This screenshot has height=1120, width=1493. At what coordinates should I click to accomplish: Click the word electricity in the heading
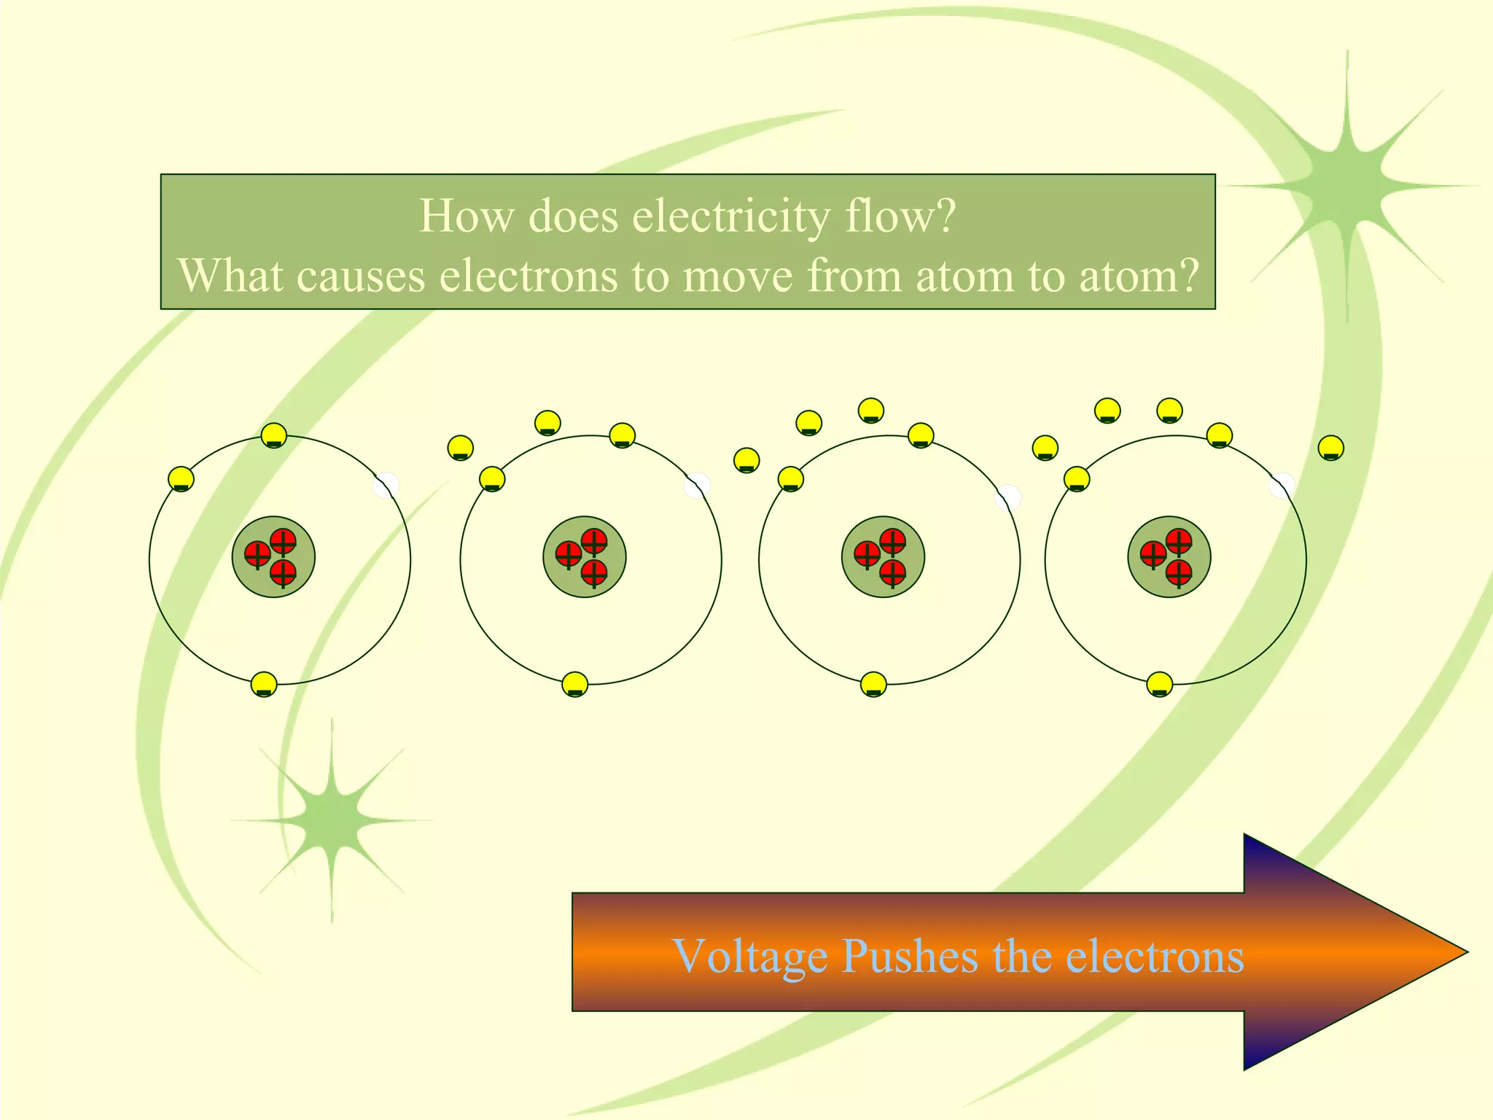coord(730,217)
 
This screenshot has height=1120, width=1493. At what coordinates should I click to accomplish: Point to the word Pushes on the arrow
coord(909,956)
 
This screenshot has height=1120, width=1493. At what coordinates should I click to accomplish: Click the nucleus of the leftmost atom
coord(273,558)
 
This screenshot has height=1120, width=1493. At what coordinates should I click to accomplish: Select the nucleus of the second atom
coord(584,558)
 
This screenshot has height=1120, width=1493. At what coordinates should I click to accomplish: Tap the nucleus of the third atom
coord(883,558)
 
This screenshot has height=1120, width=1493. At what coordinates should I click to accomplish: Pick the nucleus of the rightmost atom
coord(1169,558)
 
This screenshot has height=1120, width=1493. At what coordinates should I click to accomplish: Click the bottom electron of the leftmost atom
coord(264,685)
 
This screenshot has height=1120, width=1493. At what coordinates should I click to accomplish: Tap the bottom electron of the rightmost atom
coord(1159,685)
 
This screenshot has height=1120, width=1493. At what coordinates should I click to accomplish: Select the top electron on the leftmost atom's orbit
coord(273,436)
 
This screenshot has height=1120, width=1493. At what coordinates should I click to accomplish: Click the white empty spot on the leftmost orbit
coord(386,486)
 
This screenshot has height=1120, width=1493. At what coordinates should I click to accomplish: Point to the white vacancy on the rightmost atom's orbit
coord(1282,486)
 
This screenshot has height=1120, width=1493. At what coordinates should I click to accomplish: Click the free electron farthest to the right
coord(1331,448)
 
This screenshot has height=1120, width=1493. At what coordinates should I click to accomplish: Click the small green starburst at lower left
coord(332,820)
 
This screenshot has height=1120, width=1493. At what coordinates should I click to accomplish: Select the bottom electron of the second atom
coord(575,685)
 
